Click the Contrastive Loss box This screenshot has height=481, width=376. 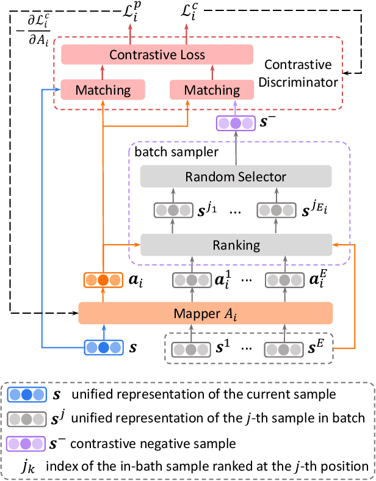pos(157,55)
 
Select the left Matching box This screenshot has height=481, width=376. pos(103,90)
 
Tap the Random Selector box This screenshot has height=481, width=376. pos(236,177)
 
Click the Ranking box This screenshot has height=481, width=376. pos(236,245)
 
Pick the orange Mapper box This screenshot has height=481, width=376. pos(205,313)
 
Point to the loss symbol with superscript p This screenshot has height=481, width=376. pos(130,12)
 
